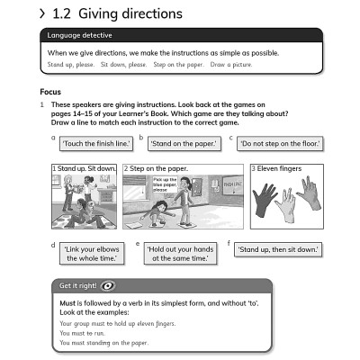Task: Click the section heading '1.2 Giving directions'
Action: tap(117, 13)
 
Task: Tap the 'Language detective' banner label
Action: tap(76, 35)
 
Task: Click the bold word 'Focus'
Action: tap(51, 92)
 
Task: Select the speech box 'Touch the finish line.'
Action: tap(96, 143)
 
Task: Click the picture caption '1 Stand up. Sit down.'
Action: tap(84, 168)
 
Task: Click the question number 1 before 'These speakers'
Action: tap(42, 104)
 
